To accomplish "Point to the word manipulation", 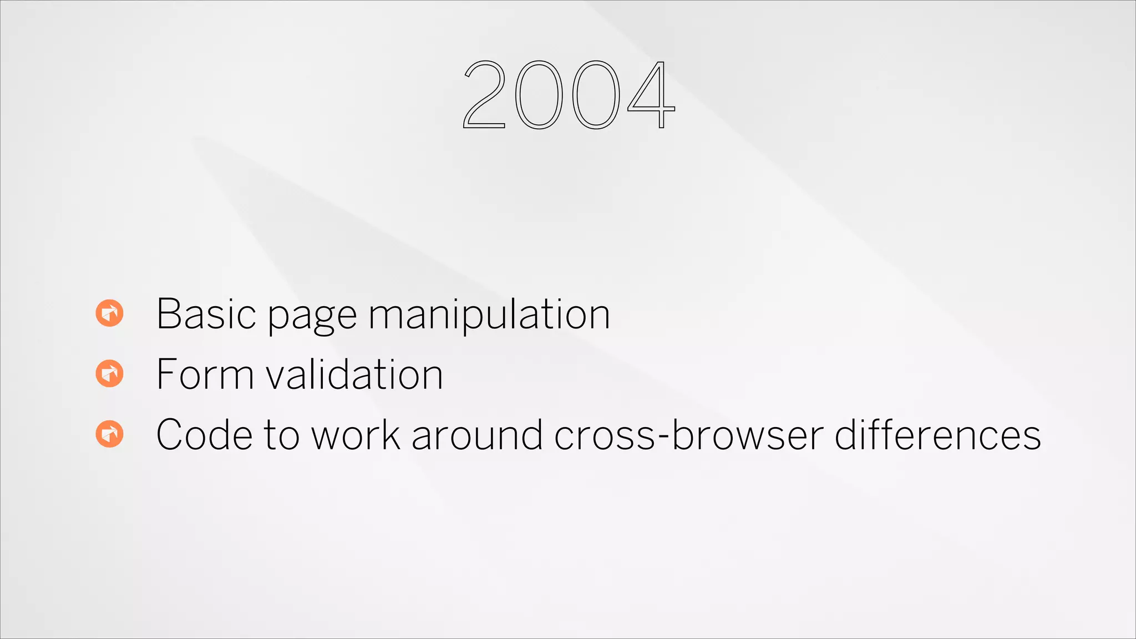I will coord(489,315).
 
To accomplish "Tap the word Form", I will coord(205,374).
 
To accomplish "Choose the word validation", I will coord(354,374).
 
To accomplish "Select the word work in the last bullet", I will coord(356,435).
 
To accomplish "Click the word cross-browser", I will coord(689,435).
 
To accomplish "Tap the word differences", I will coord(937,435).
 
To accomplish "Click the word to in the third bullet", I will coord(282,435).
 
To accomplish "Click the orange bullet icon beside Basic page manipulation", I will coord(109,313).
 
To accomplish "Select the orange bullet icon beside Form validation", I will coord(109,373).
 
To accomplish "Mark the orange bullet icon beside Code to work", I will coord(109,434).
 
